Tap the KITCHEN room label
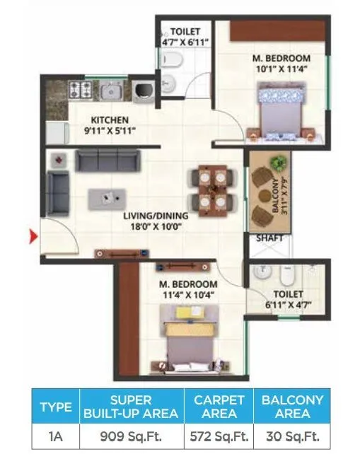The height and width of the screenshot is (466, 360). pyautogui.click(x=109, y=120)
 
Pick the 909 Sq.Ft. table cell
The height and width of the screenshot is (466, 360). pyautogui.click(x=132, y=436)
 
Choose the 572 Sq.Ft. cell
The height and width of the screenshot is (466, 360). pyautogui.click(x=219, y=436)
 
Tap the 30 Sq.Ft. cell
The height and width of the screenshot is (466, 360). pyautogui.click(x=292, y=436)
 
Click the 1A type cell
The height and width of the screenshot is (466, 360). pyautogui.click(x=56, y=436)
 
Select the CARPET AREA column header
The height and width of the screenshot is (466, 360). pyautogui.click(x=219, y=406)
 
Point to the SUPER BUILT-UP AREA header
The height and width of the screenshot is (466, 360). pyautogui.click(x=132, y=406)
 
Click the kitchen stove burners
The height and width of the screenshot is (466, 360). pyautogui.click(x=80, y=90)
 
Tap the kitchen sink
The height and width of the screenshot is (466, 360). pyautogui.click(x=111, y=90)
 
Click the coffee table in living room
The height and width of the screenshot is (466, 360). pyautogui.click(x=109, y=199)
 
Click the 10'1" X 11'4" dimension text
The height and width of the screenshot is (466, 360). pyautogui.click(x=282, y=69)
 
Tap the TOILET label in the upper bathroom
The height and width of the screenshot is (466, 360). pyautogui.click(x=185, y=32)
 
